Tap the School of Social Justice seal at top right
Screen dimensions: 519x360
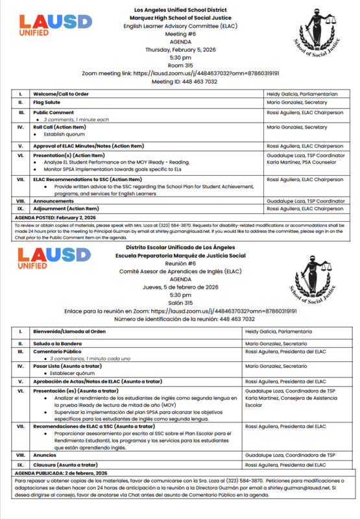[x=319, y=39]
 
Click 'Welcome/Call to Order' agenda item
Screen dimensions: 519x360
[x=62, y=94]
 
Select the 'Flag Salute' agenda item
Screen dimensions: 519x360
[x=49, y=103]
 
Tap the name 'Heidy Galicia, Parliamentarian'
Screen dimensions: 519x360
[x=302, y=94]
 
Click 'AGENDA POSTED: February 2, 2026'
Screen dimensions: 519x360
[x=55, y=217]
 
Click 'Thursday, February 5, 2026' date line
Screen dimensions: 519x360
[x=181, y=49]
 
